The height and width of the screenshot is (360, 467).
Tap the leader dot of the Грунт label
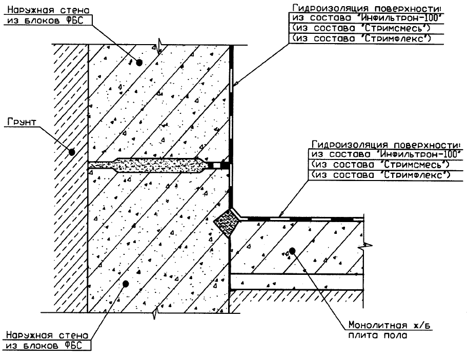72,152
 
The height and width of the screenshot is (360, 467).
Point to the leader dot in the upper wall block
138,62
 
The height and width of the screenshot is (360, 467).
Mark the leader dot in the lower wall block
126,283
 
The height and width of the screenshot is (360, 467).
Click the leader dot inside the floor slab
292,251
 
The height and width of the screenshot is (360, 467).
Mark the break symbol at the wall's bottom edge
154,312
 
